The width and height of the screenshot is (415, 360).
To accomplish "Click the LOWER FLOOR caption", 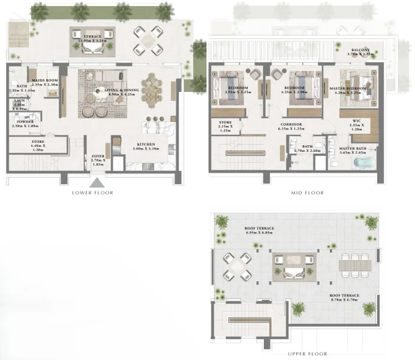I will tap(92, 193).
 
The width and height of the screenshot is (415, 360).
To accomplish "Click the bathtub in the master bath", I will tap(361, 162).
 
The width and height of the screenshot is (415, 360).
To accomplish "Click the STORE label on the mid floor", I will tap(225, 124).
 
